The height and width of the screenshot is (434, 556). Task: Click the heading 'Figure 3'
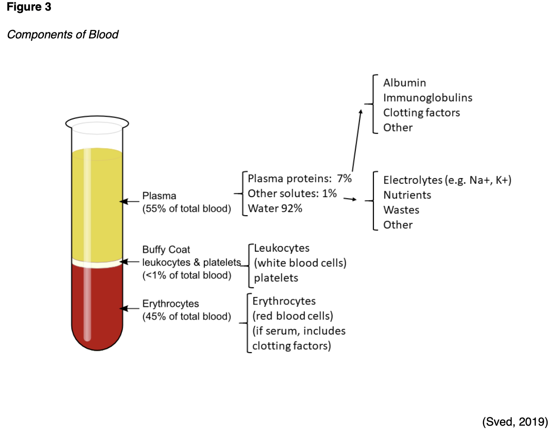pyautogui.click(x=29, y=8)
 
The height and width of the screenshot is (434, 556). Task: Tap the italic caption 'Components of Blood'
pyautogui.click(x=63, y=35)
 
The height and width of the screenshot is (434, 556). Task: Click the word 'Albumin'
pyautogui.click(x=404, y=83)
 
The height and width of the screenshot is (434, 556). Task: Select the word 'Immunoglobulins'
pyautogui.click(x=428, y=98)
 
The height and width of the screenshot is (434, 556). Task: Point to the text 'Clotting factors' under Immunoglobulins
pyautogui.click(x=421, y=112)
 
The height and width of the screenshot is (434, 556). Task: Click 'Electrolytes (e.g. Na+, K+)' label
pyautogui.click(x=447, y=180)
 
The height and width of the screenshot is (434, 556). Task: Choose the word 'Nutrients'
pyautogui.click(x=407, y=195)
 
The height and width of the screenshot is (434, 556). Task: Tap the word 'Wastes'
pyautogui.click(x=401, y=210)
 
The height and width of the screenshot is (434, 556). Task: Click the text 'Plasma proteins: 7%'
pyautogui.click(x=300, y=179)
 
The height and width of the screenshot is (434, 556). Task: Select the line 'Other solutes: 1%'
pyautogui.click(x=292, y=193)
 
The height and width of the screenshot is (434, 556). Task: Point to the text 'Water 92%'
pyautogui.click(x=275, y=208)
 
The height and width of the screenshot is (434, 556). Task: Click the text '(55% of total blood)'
pyautogui.click(x=186, y=209)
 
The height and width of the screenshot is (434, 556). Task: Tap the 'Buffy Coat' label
pyautogui.click(x=166, y=250)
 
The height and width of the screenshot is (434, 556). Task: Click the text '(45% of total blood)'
pyautogui.click(x=186, y=316)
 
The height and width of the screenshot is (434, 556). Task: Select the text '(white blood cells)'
pyautogui.click(x=300, y=263)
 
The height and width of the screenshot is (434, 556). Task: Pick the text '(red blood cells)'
pyautogui.click(x=293, y=316)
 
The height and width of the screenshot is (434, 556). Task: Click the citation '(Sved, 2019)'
pyautogui.click(x=515, y=422)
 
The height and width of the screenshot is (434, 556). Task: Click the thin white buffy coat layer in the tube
pyautogui.click(x=97, y=263)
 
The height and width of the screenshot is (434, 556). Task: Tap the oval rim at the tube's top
pyautogui.click(x=97, y=123)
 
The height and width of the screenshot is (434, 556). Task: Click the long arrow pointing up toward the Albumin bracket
pyautogui.click(x=356, y=141)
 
